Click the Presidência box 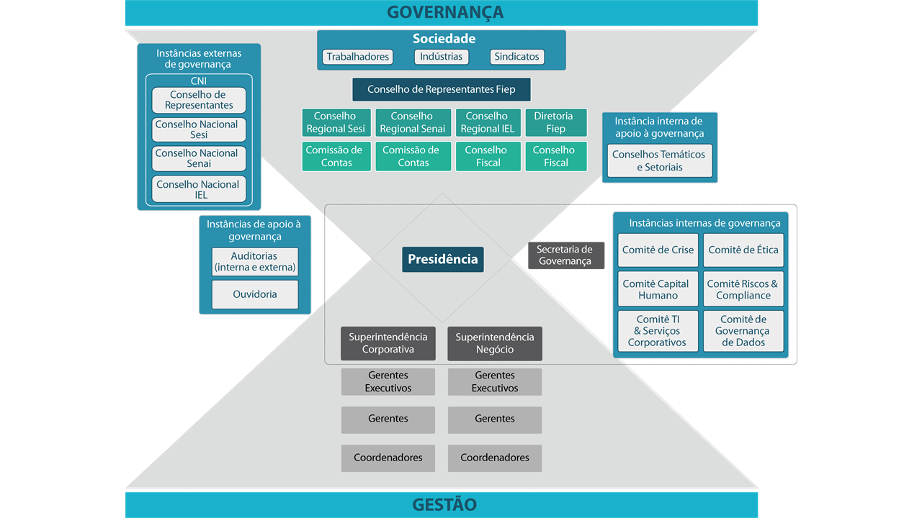pos(442,259)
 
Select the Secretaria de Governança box pos(565,255)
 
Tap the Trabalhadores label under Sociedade pos(357,57)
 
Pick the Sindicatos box pos(516,57)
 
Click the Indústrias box pos(442,57)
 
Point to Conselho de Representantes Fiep pos(441,90)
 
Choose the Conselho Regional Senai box pos(413,122)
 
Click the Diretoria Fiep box pos(555,122)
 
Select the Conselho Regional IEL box pos(488,122)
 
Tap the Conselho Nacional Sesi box pos(199,129)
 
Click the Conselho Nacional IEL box pos(199,189)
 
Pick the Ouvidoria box pos(255,294)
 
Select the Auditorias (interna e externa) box pos(255,261)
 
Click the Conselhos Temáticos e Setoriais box pos(659,160)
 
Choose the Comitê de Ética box pos(743,250)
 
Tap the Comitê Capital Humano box pos(658,289)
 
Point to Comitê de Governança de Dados pos(743,331)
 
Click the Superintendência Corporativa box pos(388,343)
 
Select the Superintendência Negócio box pos(495,343)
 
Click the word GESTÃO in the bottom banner pos(444,504)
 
